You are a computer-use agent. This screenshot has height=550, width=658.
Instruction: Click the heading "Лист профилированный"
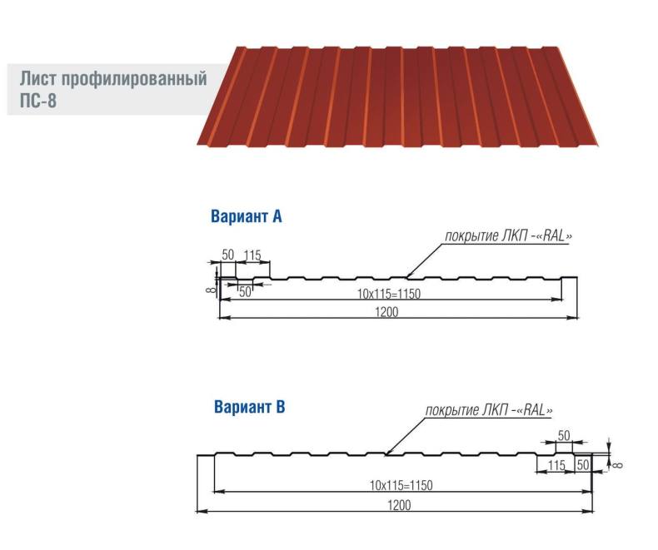click(113, 79)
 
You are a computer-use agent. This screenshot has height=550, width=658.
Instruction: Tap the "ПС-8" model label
click(38, 101)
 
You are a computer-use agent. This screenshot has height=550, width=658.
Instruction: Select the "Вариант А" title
click(247, 216)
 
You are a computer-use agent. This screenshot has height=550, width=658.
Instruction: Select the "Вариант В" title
click(249, 407)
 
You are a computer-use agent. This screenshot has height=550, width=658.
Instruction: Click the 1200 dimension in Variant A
click(386, 312)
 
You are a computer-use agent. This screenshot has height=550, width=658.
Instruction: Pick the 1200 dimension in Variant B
click(399, 505)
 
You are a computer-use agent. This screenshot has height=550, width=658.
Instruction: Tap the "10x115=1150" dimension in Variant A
click(389, 294)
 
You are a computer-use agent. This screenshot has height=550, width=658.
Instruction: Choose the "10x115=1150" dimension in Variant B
click(401, 485)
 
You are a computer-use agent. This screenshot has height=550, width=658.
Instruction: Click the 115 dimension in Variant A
click(252, 255)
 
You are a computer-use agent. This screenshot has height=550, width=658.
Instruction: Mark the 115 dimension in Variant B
click(556, 465)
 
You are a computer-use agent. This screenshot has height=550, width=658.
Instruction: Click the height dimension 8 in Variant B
click(617, 464)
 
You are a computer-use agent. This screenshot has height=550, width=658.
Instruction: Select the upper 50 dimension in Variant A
click(228, 255)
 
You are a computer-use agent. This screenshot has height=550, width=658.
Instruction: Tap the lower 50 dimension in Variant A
click(245, 292)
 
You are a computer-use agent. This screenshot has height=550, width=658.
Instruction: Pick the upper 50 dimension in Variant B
click(564, 435)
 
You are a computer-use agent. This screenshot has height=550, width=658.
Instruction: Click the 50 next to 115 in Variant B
click(583, 464)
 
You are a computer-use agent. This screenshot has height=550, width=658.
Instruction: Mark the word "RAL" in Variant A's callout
click(554, 236)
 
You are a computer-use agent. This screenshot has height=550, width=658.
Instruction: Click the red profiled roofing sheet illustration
click(398, 97)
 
